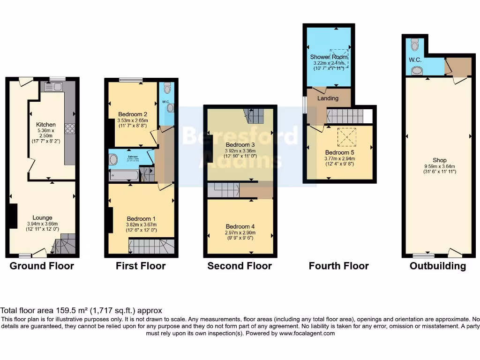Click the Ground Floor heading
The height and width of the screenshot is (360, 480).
tap(42, 266)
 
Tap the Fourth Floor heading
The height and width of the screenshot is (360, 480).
tap(338, 266)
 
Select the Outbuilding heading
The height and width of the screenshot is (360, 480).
tap(437, 266)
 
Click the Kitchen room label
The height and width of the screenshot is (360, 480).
tap(46, 125)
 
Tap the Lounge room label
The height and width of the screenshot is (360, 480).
tap(42, 217)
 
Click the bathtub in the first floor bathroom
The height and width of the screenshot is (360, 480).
tap(124, 176)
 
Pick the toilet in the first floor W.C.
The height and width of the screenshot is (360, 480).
tap(167, 88)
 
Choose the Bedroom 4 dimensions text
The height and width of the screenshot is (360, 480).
tap(240, 235)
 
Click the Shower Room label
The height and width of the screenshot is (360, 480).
tap(329, 57)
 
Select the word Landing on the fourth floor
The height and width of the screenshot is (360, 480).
tap(328, 98)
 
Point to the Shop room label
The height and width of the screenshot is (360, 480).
tap(439, 160)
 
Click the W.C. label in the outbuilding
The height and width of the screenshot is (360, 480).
tap(414, 60)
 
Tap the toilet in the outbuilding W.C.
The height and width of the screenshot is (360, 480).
tap(414, 45)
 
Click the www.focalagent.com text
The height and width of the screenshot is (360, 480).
tap(307, 334)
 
